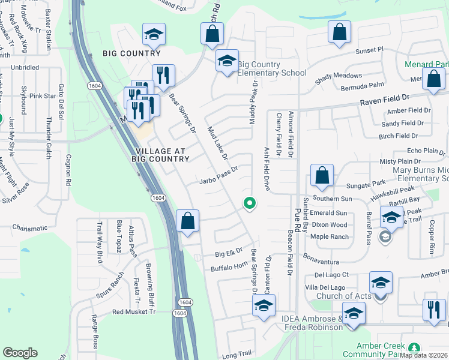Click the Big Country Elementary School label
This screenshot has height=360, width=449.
pos(268,68)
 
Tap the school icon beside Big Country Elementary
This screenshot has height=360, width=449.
pos(227,61)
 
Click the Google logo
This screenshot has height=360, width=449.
pos(20,352)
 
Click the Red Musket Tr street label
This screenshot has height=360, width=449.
pos(133,312)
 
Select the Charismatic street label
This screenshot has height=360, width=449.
pos(29,228)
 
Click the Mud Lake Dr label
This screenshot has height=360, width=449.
pos(218,143)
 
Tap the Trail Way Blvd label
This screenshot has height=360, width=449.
pos(100,236)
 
